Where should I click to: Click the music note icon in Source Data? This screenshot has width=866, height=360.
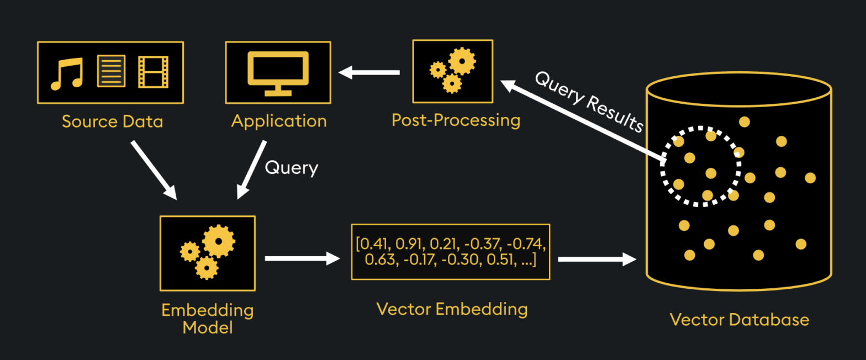(66, 73)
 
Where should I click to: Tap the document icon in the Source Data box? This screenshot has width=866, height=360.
(111, 71)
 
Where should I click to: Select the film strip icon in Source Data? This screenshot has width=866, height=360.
(153, 72)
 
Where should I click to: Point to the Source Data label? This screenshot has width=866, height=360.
(112, 121)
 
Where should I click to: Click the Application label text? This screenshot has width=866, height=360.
(279, 121)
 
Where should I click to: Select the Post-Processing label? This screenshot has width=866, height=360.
(456, 120)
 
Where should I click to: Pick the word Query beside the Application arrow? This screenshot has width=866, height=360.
(292, 167)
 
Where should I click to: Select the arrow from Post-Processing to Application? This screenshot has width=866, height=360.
(369, 72)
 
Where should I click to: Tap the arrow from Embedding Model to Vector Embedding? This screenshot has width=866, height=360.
(302, 258)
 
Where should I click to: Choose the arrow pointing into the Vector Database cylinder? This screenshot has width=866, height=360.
(597, 258)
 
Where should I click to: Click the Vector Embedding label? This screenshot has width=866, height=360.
(452, 309)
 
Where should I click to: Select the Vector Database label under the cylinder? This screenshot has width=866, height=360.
(739, 319)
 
